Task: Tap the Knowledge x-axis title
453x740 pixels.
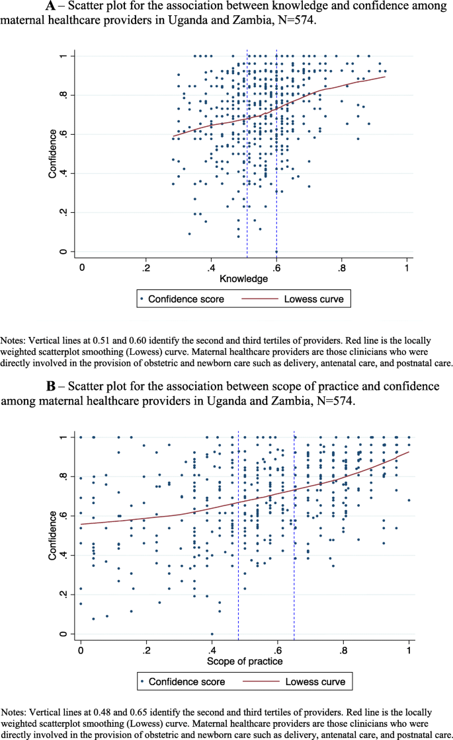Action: tap(244, 279)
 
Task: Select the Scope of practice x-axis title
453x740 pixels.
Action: tap(245, 661)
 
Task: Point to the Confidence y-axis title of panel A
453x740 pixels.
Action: tap(51, 154)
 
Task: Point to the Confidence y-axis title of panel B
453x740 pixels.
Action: tap(51, 536)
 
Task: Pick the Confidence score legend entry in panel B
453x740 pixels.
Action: tap(186, 681)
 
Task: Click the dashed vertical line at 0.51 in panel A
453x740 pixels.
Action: tap(247, 198)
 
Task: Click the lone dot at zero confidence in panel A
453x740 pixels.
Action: tap(276, 252)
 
